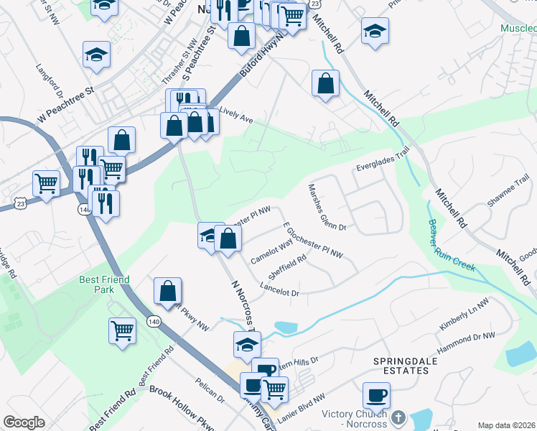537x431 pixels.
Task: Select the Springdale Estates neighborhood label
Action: [x=400, y=366]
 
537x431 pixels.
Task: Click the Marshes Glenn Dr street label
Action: [x=327, y=207]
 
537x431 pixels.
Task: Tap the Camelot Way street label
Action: [x=271, y=252]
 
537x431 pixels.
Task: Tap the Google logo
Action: [x=24, y=422]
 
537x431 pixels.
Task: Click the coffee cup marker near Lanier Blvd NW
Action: [x=376, y=394]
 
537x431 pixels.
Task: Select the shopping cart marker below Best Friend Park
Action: [x=123, y=330]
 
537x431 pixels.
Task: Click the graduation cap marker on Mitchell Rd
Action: [x=375, y=31]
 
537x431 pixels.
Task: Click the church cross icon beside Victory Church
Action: [x=400, y=417]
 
